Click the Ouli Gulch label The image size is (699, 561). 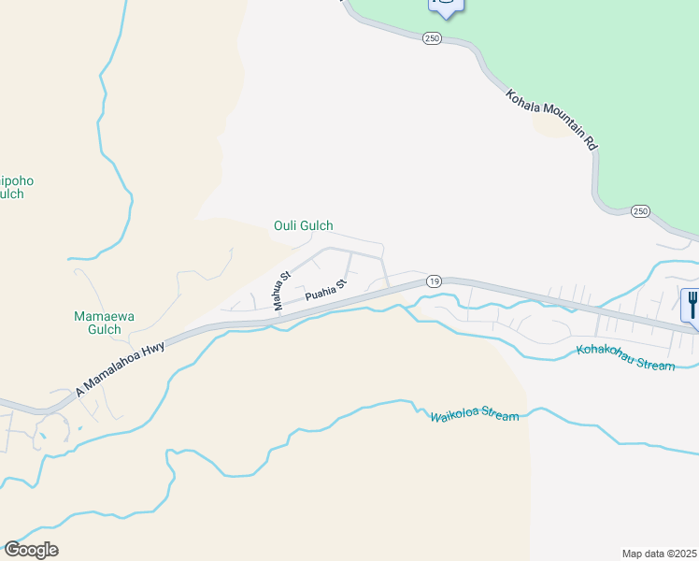pos(303,225)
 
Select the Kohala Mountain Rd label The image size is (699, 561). pos(551,120)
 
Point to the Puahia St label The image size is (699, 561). pos(326,290)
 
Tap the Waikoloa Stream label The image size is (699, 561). pos(474,414)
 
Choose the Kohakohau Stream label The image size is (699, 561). pos(625,358)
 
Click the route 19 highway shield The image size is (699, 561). pos(434,280)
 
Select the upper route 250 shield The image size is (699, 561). pos(431,38)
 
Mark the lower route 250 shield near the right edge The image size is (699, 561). pos(640,211)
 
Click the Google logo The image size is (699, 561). pos(31,550)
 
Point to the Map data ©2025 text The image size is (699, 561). pos(659,553)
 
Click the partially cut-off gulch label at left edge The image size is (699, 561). pos(12,186)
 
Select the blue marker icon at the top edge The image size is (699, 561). pos(446,5)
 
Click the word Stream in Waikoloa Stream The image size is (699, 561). pos(499,416)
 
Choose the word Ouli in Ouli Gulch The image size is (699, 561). pos(285,225)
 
